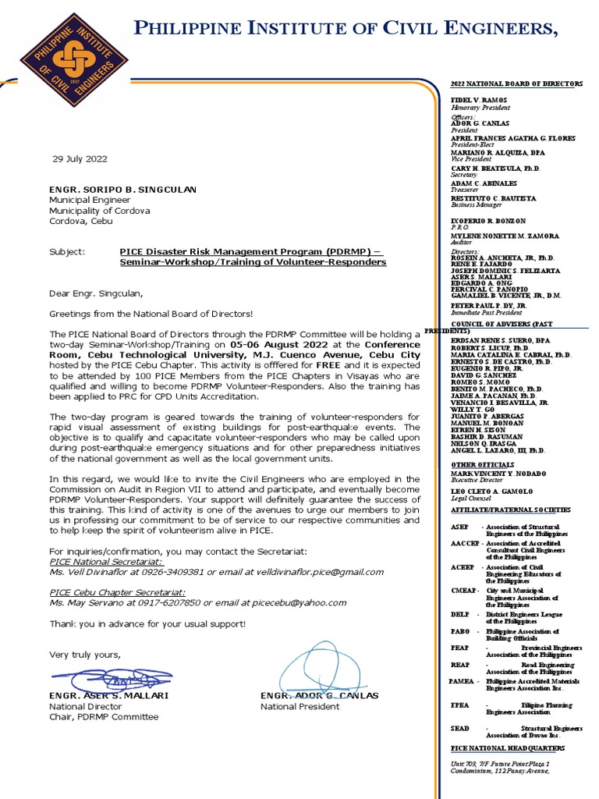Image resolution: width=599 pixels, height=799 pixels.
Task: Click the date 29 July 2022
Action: (80, 159)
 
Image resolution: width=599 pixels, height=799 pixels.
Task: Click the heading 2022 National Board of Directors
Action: (516, 83)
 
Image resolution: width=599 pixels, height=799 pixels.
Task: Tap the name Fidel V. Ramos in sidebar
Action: (479, 101)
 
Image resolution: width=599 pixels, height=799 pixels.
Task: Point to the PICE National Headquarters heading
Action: (507, 748)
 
